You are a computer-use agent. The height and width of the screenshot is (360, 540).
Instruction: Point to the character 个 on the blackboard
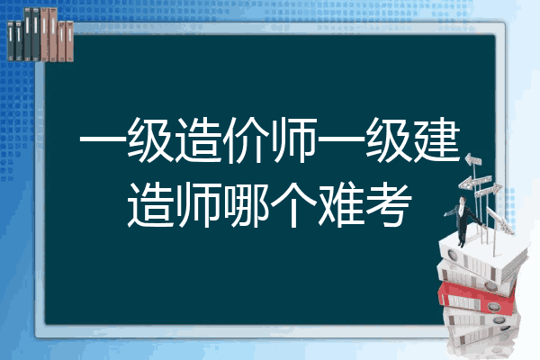[293, 205]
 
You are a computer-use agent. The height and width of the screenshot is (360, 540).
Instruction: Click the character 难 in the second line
[342, 205]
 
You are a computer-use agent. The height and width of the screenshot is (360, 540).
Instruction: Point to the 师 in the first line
[293, 140]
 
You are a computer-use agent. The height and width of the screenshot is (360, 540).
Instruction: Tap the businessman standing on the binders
[463, 220]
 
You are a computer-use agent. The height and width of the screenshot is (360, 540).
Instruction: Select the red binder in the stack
[477, 297]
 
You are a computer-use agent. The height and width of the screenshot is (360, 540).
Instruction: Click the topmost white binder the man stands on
[482, 256]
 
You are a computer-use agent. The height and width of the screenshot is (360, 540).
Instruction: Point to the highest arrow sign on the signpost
[472, 160]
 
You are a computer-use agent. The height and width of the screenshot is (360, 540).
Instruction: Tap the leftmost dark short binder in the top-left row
[11, 40]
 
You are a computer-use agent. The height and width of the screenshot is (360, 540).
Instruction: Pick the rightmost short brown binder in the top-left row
[70, 41]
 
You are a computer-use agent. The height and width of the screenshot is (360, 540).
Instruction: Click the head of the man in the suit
[462, 201]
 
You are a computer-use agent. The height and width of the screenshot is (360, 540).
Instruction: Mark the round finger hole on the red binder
[492, 305]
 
